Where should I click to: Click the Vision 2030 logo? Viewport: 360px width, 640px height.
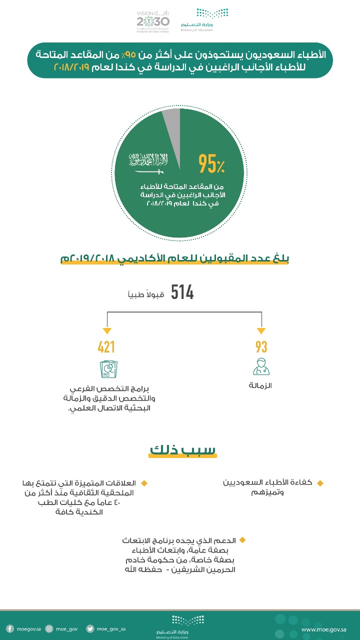coord(153,21)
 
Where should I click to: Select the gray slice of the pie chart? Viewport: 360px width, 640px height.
coord(171,120)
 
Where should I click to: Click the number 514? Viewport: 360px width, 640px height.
coord(182,292)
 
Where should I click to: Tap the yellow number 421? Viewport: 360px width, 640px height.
coord(106,347)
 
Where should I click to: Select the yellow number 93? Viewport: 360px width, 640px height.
coord(261,347)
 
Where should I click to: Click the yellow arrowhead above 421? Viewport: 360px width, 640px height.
coord(106,331)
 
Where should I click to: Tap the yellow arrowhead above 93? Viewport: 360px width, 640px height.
coord(261,331)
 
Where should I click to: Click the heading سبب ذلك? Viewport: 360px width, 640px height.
coord(183,449)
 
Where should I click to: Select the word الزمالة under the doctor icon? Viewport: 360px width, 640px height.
coord(260,386)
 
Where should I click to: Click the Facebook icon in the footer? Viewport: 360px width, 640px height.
coord(9,629)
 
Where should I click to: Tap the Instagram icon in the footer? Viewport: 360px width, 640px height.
coord(49,629)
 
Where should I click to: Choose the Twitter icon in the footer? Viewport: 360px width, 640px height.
coord(90,629)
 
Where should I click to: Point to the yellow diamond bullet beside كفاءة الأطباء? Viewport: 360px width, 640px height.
coord(320,483)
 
